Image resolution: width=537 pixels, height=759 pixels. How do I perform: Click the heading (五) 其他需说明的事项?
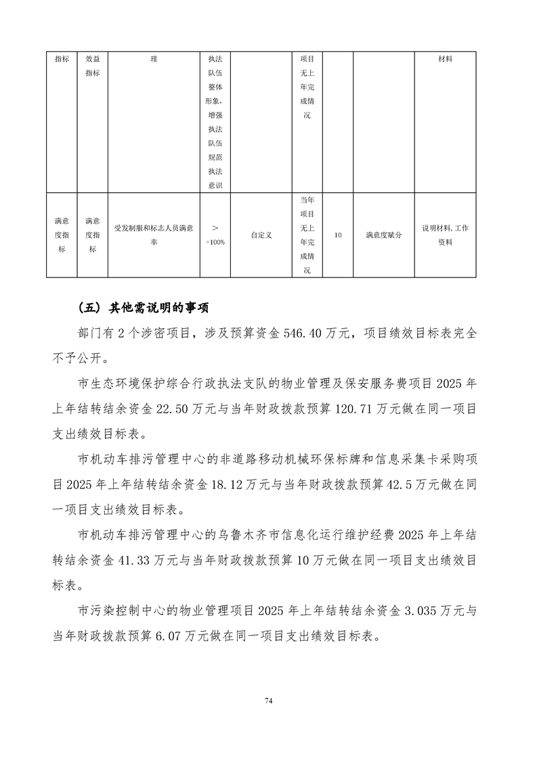[144, 307]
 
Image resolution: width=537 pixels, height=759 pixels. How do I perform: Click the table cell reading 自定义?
[261, 235]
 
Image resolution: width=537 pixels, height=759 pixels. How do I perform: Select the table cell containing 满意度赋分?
[383, 235]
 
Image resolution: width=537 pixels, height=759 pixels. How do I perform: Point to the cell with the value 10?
[338, 235]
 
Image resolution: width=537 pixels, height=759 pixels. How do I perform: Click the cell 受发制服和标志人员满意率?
[154, 235]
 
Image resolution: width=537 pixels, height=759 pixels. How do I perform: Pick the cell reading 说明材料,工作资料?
[445, 235]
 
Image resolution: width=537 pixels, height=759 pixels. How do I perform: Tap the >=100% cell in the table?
[215, 235]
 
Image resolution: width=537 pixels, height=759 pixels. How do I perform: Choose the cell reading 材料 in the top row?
[445, 60]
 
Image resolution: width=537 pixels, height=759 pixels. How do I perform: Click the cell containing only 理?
[154, 60]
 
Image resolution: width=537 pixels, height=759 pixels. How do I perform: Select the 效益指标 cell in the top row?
[93, 66]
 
